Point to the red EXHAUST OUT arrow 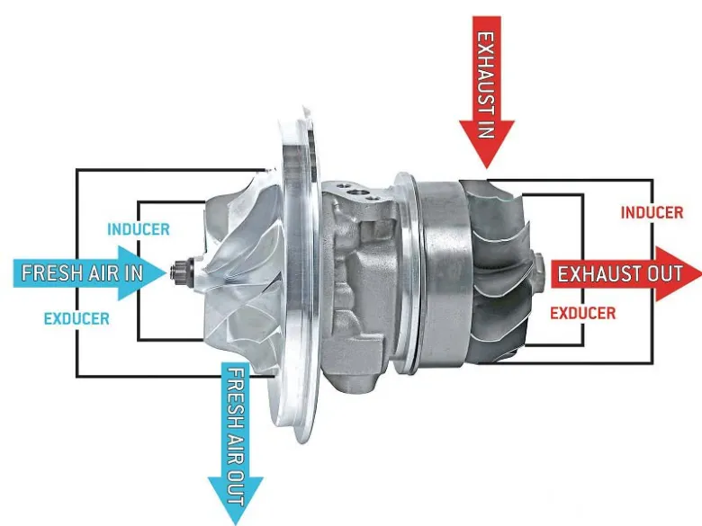pyautogui.click(x=621, y=272)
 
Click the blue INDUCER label pyautogui.click(x=138, y=229)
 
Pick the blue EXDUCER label pyautogui.click(x=76, y=318)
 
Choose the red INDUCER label pyautogui.click(x=652, y=213)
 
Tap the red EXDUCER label pyautogui.click(x=582, y=314)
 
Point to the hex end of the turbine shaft pyautogui.click(x=538, y=267)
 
